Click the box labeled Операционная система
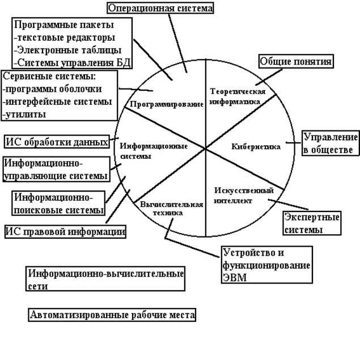[160, 8]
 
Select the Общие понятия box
[296, 61]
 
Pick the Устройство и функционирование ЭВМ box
[266, 265]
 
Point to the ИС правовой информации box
[65, 231]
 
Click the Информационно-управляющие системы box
[56, 169]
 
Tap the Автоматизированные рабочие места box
[112, 315]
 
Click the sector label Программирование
[163, 105]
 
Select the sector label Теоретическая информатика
[235, 96]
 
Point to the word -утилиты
[26, 114]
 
